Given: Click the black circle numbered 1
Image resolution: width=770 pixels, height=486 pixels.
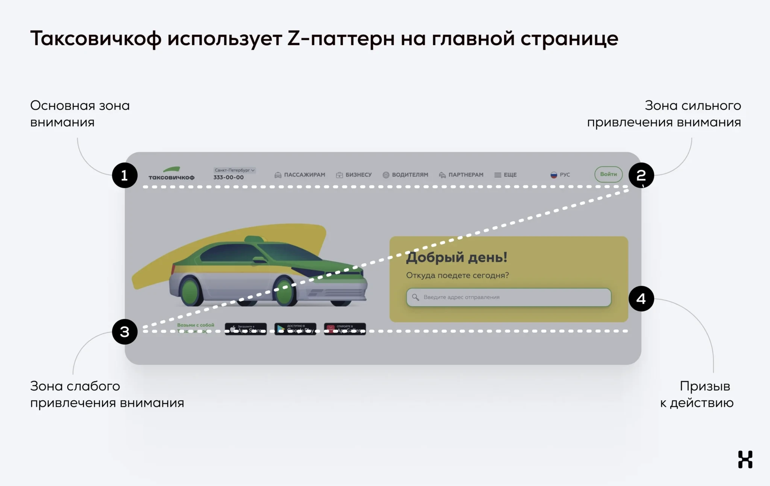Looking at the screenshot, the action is point(125,175).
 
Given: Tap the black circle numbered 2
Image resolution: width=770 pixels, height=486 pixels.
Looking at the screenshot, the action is point(641,175).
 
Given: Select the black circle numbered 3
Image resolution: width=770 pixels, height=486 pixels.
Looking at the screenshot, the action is point(125,332).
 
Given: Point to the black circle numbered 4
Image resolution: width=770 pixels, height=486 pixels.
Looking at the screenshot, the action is point(641,299).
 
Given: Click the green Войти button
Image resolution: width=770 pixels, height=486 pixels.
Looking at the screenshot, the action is point(608,175).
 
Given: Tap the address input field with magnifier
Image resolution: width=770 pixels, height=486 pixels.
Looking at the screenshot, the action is point(509,297).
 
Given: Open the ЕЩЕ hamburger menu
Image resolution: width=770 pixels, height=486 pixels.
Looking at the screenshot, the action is point(505,175).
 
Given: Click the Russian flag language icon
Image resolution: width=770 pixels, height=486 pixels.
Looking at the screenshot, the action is point(554,175).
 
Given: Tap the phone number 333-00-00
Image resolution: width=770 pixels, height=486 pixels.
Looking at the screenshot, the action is point(229,178).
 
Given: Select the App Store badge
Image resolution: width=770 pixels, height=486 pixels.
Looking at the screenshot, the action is point(246,329).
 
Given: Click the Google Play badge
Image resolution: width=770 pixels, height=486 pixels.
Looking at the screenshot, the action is point(296,329).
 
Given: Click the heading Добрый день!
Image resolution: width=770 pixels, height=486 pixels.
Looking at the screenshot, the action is point(457,257).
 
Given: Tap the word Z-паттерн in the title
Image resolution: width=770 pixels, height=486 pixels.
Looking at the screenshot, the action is point(341,38).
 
